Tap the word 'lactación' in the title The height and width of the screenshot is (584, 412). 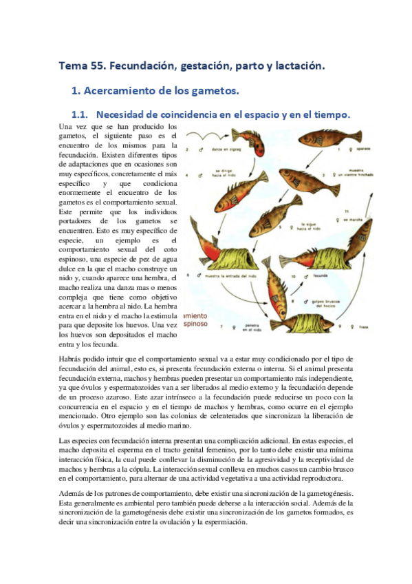point(296,66)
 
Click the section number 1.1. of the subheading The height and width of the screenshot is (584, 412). point(82,114)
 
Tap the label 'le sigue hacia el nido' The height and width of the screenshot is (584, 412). point(314,227)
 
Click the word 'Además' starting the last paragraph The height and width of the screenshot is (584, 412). point(72,493)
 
